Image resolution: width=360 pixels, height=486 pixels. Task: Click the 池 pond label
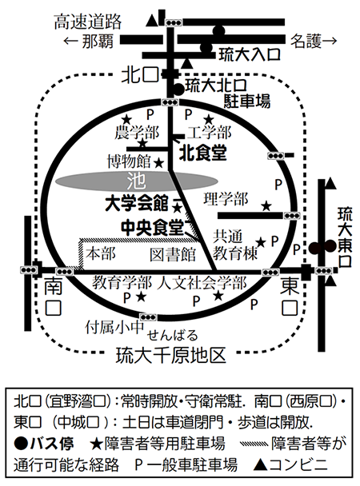point(136,181)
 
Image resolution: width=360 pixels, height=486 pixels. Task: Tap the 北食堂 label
point(203,153)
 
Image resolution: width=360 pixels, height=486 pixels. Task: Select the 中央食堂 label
point(153,228)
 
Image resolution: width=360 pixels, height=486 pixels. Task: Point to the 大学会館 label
point(137,204)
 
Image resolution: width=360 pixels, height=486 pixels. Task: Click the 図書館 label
point(173,255)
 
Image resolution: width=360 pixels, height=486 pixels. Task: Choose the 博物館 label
point(129,161)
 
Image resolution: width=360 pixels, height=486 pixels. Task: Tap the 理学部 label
point(226,199)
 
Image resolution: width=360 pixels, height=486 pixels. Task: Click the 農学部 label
point(137,133)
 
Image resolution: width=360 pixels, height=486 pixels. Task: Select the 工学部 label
point(210,133)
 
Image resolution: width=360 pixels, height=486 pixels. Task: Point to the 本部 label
point(101,253)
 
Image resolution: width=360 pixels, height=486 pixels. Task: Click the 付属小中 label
point(114,327)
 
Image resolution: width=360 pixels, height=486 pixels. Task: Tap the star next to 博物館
point(158,162)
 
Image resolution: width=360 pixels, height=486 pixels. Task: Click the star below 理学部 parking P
point(266,205)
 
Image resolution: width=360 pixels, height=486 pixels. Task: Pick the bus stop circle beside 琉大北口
point(178,90)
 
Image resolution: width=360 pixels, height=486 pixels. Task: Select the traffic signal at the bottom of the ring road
point(148,317)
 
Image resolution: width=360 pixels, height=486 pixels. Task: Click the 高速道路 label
point(88,22)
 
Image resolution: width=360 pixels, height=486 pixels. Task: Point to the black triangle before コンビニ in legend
point(261,465)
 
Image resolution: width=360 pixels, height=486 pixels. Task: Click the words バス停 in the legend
point(52,444)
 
